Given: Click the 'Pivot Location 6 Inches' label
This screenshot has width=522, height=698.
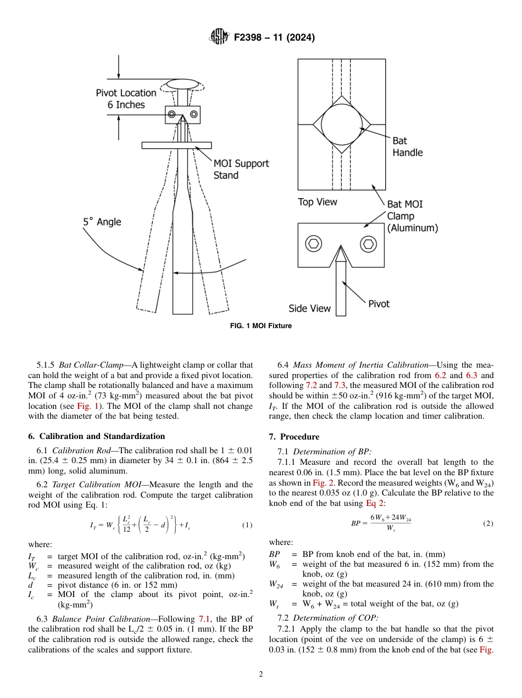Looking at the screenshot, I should click(x=126, y=99).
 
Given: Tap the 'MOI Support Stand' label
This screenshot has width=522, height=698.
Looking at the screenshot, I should click(x=241, y=170).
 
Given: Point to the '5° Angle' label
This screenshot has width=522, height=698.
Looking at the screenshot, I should click(x=102, y=222).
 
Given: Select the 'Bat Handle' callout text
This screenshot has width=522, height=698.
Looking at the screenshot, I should click(x=407, y=147).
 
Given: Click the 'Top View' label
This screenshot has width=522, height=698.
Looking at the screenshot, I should click(x=317, y=202).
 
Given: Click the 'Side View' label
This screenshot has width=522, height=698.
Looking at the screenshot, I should click(x=309, y=308).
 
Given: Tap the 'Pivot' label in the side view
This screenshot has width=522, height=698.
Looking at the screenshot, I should click(x=379, y=303).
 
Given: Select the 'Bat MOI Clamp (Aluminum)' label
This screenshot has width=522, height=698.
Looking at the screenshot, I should click(x=412, y=216).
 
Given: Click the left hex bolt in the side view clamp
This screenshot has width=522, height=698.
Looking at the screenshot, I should click(x=314, y=243).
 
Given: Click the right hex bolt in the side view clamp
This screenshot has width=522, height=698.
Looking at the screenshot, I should click(x=368, y=243).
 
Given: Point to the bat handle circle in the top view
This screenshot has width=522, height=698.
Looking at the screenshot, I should click(x=341, y=124).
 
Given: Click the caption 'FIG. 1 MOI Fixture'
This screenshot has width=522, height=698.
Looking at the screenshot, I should click(x=260, y=326).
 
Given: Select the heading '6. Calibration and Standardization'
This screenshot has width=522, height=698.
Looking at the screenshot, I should click(x=96, y=436).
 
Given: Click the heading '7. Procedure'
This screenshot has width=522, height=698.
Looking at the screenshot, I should click(x=293, y=437).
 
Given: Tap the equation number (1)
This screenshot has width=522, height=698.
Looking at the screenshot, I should click(x=247, y=525).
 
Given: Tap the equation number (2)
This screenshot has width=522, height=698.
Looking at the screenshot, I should click(x=488, y=523).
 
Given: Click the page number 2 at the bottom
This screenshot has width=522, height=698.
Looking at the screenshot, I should click(x=260, y=674).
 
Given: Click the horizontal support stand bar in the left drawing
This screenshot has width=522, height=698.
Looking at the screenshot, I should click(x=176, y=145).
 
